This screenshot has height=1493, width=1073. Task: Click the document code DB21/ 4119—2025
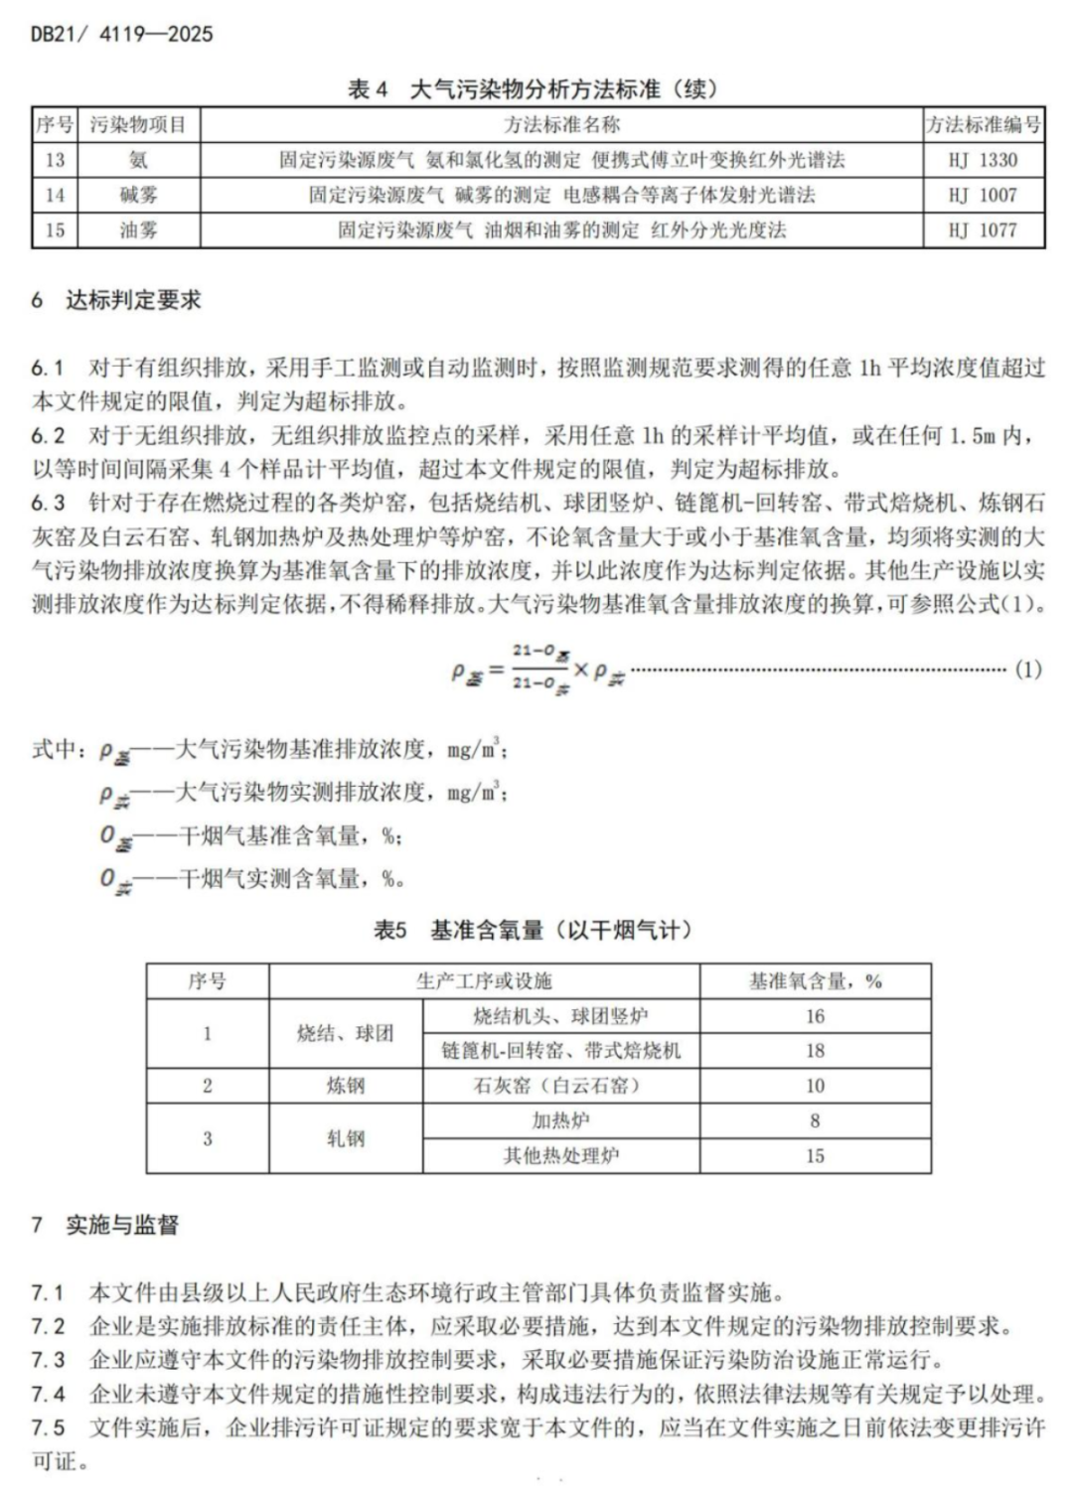coord(121,34)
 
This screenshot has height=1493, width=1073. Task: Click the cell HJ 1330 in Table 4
coord(983,160)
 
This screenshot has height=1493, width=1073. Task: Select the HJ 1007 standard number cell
coord(983,195)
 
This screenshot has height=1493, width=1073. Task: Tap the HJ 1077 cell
coord(983,230)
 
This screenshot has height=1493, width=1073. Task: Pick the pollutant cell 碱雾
coord(138,195)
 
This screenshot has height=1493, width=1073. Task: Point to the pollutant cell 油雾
coord(138,230)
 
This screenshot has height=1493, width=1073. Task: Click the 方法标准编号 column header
coord(983,125)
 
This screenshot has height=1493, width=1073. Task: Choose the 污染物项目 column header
coord(138,125)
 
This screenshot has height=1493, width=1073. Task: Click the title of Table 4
coord(533,89)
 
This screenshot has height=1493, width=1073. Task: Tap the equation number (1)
coord(1028,669)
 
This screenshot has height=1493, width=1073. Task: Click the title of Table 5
coord(533,930)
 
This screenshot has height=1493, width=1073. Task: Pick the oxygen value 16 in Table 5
coord(815,1016)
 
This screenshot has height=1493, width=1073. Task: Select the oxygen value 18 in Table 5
coord(815,1051)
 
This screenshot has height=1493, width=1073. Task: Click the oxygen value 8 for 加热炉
coord(815,1120)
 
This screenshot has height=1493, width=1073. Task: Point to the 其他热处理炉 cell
coord(561,1155)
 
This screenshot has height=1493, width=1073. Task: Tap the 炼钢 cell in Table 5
coord(346,1086)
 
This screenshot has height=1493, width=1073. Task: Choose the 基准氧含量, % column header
coord(815,981)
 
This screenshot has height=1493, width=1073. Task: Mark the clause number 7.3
coord(48,1360)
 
